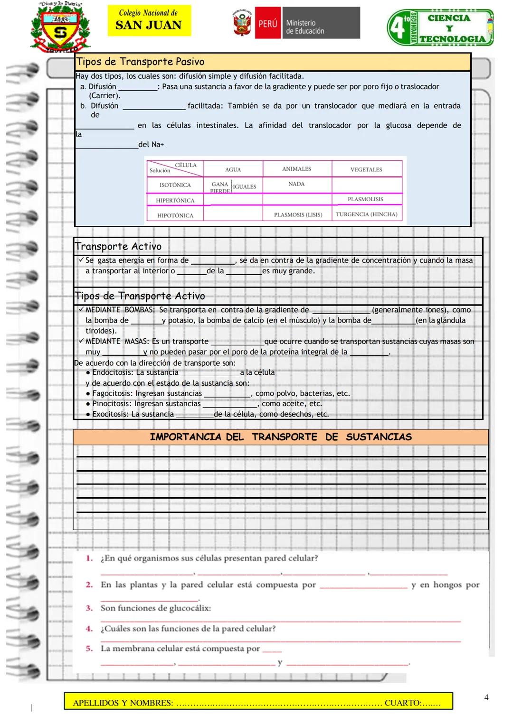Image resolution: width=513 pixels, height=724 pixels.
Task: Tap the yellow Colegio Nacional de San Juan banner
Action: tap(149, 20)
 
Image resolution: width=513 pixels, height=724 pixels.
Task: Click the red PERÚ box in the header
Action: tap(267, 23)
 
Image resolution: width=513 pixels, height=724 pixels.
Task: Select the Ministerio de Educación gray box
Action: tap(321, 23)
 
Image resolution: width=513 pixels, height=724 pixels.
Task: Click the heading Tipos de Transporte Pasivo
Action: tap(141, 62)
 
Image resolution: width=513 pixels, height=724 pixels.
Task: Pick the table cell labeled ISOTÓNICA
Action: tap(175, 185)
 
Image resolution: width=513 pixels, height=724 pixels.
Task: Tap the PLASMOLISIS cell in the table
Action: tap(365, 199)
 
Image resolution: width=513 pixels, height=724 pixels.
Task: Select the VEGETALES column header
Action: tap(366, 169)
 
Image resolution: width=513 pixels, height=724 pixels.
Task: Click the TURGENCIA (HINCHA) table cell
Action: tap(366, 214)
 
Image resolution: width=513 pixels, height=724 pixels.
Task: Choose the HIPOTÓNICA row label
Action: tap(175, 215)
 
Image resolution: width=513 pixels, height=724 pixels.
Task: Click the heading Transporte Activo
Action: tap(118, 246)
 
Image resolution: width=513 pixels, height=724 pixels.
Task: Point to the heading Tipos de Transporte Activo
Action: tap(140, 296)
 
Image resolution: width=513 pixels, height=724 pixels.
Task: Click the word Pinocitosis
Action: tap(111, 404)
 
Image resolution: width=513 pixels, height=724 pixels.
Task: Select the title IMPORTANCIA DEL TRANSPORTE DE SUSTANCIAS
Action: tap(280, 437)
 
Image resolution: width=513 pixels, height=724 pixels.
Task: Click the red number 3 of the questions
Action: tap(89, 608)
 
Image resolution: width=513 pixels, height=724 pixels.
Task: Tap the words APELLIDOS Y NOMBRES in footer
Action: tap(123, 703)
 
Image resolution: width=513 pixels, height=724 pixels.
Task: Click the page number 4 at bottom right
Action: tap(486, 697)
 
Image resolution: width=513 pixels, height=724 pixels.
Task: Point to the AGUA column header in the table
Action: tap(233, 169)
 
